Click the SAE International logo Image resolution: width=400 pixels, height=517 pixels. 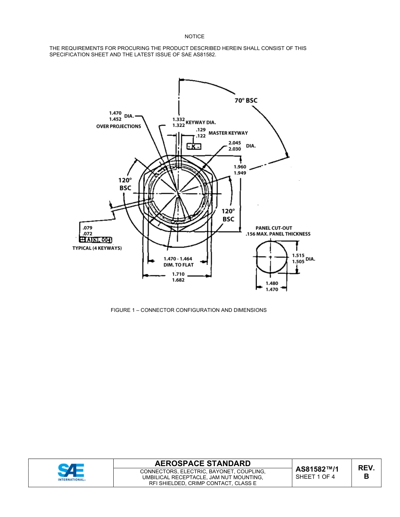point(71,472)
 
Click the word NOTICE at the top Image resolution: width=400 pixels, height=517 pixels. point(195,37)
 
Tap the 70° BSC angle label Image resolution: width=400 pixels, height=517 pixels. point(246,100)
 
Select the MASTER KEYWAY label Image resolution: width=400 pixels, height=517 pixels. point(228,133)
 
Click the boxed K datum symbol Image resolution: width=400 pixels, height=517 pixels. point(194,146)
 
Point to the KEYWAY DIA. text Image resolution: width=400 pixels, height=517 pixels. point(200,122)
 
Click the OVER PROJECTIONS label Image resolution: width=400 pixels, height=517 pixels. point(119,126)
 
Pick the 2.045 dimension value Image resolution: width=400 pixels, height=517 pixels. point(235,143)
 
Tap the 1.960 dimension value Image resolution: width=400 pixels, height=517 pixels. point(240,167)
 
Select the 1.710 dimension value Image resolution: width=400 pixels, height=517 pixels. point(179,274)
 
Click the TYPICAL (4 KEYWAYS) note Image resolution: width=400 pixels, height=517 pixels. point(97,248)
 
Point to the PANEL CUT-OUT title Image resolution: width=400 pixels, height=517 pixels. point(274,228)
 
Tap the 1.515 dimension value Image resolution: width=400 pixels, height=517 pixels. point(298,256)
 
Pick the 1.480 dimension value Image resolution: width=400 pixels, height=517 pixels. point(272,283)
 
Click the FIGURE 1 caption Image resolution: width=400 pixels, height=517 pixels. point(189,310)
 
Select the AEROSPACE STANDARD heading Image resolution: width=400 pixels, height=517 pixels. point(203,463)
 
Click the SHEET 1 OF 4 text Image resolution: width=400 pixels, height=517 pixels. point(315,477)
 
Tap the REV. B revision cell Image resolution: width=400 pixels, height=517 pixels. point(366,472)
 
